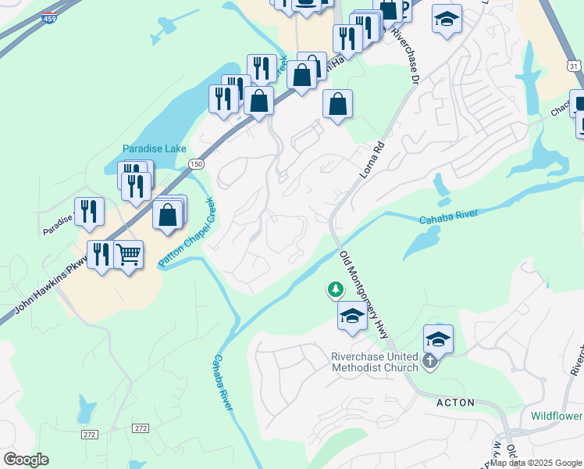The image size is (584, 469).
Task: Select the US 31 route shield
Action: (574, 67)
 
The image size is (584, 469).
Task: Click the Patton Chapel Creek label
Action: (187, 233)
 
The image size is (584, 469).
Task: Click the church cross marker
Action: (429, 362)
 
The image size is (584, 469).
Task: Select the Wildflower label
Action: (556, 416)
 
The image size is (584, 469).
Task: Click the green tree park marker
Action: (336, 290)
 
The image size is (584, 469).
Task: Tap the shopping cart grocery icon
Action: (128, 254)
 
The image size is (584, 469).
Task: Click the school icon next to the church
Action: (438, 339)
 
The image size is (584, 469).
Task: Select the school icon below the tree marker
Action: (352, 316)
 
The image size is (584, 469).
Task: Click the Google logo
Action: (26, 460)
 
